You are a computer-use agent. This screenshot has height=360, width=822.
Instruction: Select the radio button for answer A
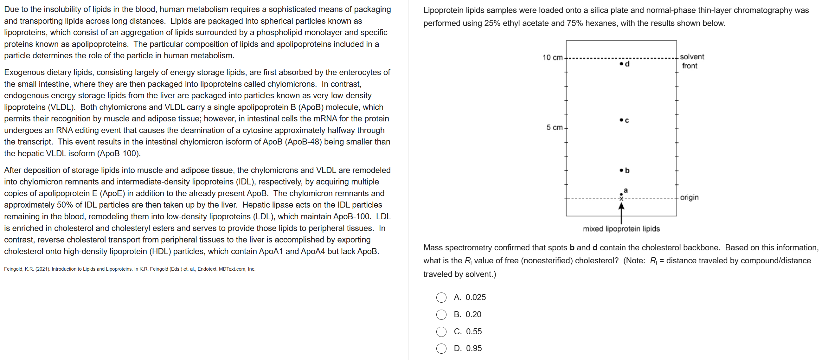click(441, 298)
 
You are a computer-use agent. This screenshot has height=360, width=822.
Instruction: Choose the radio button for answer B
click(441, 315)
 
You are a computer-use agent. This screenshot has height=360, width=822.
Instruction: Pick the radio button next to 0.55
click(441, 331)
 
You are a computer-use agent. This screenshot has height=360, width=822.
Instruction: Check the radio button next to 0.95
click(441, 349)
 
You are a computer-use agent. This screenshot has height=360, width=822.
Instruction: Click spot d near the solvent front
click(621, 64)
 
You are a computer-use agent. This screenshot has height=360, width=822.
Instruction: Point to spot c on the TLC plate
click(621, 120)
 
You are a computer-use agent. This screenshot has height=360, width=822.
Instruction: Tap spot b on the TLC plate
click(621, 170)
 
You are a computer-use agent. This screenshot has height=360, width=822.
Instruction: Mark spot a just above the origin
click(621, 194)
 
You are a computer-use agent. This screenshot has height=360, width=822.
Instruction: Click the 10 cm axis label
click(552, 57)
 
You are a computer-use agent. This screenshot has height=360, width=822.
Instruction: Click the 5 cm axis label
click(554, 127)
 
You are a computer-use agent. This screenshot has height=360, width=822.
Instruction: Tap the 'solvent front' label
click(691, 61)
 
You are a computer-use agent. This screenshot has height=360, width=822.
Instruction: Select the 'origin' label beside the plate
click(689, 197)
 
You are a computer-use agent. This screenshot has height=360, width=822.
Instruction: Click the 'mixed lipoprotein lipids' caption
click(621, 229)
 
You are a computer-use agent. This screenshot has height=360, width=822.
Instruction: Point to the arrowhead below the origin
click(621, 206)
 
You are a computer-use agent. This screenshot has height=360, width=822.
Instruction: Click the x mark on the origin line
click(621, 199)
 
